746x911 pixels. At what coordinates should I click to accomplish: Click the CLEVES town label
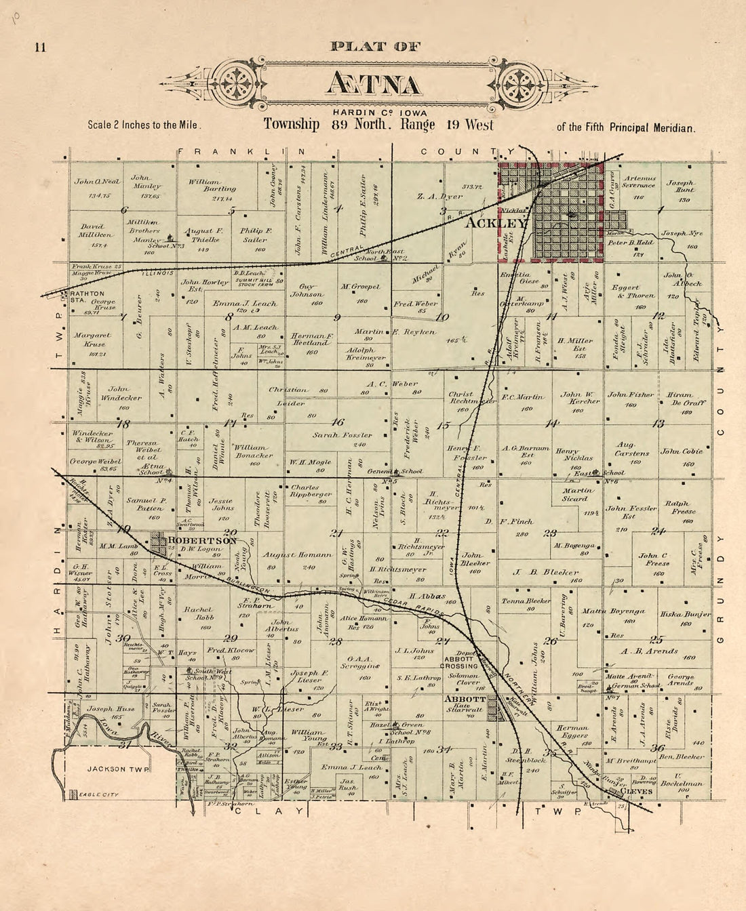point(636,791)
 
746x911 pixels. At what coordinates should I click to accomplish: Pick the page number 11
point(39,47)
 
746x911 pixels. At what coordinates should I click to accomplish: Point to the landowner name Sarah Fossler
point(342,435)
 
